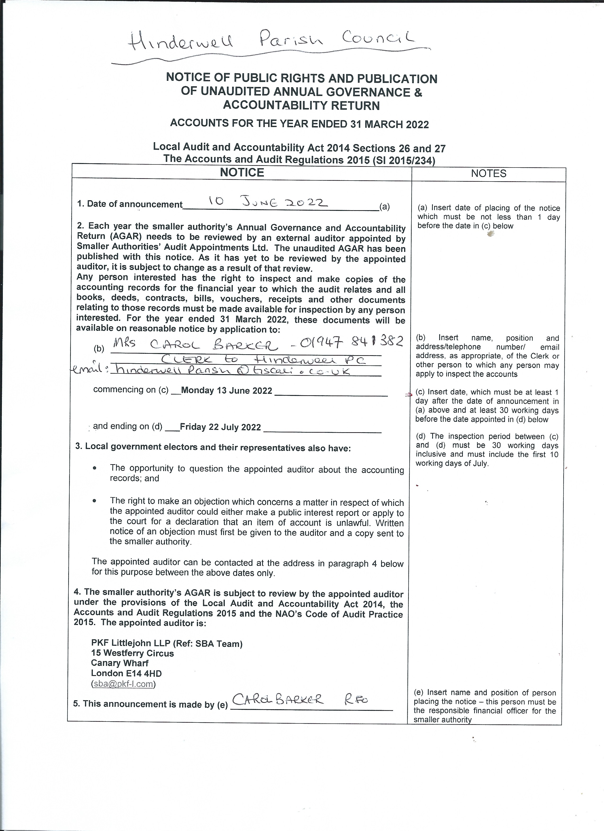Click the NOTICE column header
tap(242, 173)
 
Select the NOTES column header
tap(489, 174)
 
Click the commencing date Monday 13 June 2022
tap(226, 390)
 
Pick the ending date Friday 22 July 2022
tap(220, 427)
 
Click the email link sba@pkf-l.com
tap(123, 683)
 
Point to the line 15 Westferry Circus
tap(132, 653)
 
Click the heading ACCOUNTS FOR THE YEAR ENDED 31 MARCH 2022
tap(299, 124)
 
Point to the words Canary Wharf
tap(120, 663)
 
